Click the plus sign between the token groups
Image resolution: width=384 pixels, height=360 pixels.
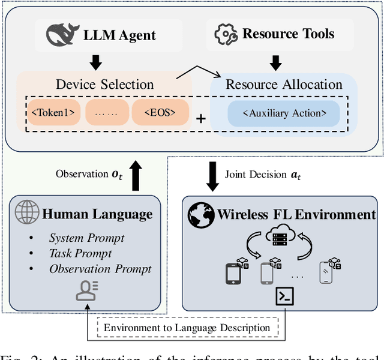tap(201, 118)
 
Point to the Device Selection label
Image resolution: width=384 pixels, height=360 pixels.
tap(104, 84)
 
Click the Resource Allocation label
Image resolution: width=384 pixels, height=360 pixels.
tap(283, 84)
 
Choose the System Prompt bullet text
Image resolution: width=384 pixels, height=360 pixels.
tap(86, 238)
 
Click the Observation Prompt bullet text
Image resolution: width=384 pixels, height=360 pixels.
tap(100, 268)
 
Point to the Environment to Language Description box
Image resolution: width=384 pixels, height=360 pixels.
tap(187, 328)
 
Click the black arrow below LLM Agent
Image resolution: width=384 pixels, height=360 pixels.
tap(94, 62)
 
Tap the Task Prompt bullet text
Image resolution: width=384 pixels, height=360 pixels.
tap(80, 253)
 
